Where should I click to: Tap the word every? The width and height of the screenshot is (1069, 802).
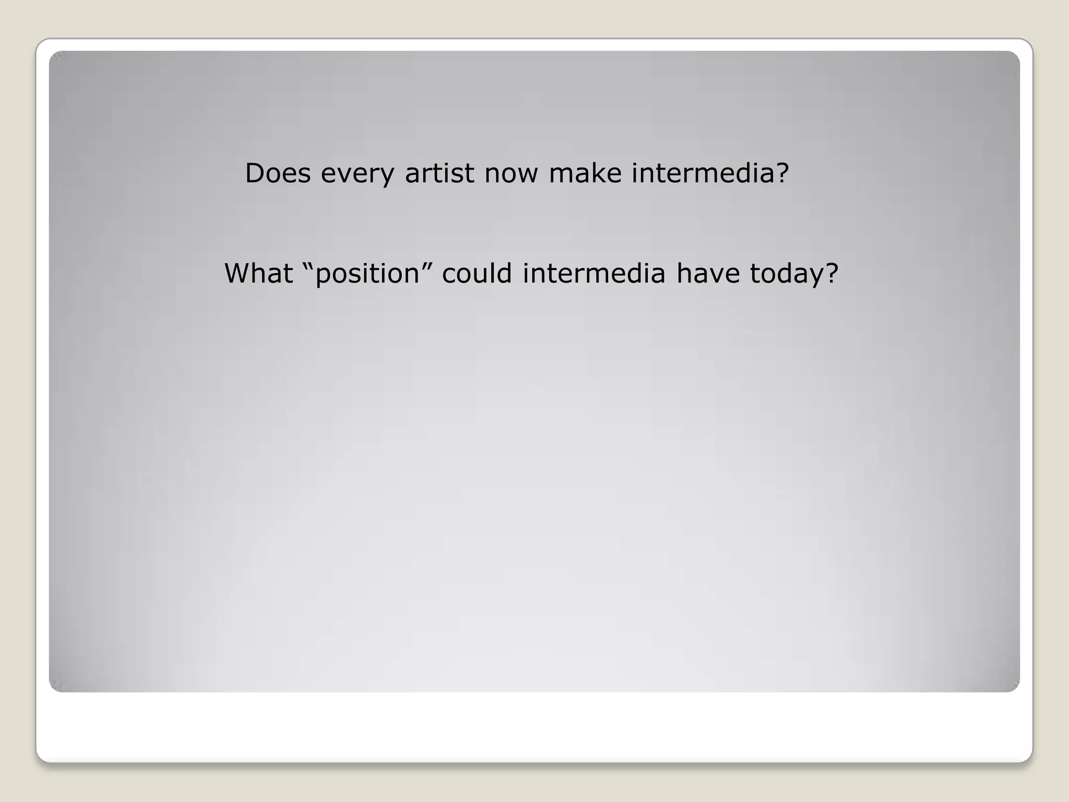coord(358,174)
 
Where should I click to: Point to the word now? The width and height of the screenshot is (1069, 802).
coord(511,174)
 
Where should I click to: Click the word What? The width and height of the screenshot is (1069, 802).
coord(258,273)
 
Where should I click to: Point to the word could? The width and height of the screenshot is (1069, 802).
coord(477,273)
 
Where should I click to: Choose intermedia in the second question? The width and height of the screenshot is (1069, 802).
coord(594,273)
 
